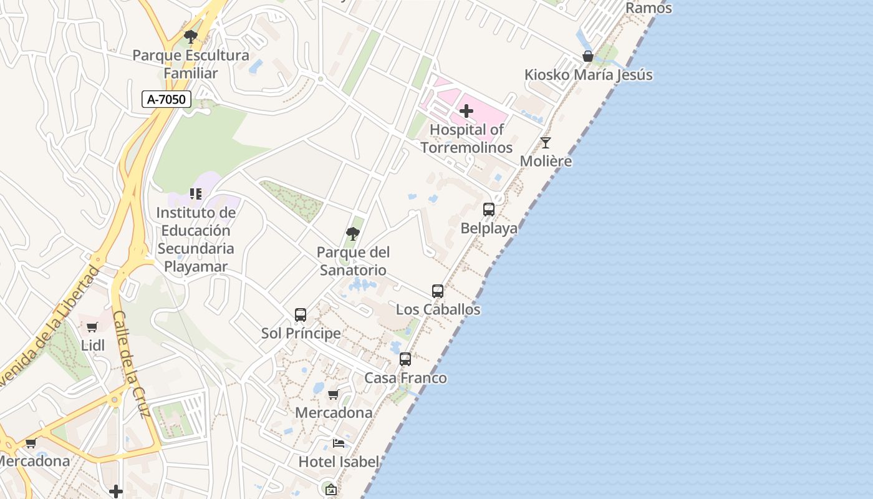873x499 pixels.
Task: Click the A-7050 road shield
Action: tap(166, 99)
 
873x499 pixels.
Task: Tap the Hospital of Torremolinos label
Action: tap(466, 138)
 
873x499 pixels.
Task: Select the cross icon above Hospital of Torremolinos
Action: tap(466, 112)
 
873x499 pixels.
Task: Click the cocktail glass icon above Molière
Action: tap(546, 143)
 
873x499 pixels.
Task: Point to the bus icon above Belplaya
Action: tap(489, 210)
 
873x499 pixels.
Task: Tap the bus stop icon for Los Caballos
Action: tap(438, 291)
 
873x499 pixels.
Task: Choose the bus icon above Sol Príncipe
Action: tap(301, 315)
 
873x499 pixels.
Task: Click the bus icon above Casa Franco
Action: tap(405, 359)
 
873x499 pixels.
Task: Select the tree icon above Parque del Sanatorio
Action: tap(353, 235)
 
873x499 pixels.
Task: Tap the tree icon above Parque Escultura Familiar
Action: tap(191, 37)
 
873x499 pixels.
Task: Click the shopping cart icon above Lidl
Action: tap(92, 327)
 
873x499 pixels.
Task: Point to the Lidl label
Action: tap(92, 346)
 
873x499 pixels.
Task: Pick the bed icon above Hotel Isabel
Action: tap(339, 443)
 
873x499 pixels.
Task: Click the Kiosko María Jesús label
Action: tap(588, 75)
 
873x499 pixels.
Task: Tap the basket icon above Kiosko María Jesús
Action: tap(587, 56)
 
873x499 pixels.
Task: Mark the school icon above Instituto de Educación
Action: tap(196, 194)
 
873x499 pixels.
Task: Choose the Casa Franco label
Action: tap(405, 378)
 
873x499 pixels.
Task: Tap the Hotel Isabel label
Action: tap(339, 462)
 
